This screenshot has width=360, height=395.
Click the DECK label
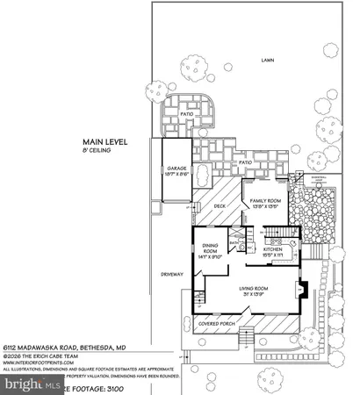coord(220,206)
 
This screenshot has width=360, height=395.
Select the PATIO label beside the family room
coord(245,162)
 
